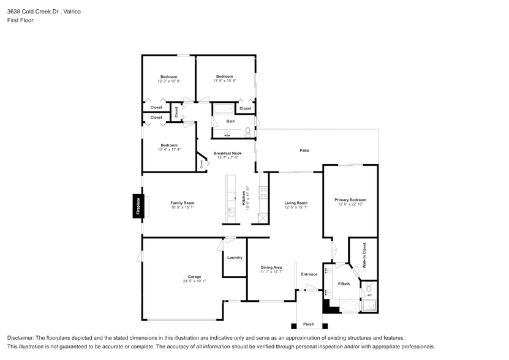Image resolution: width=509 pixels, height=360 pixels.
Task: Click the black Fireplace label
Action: pos(138,206)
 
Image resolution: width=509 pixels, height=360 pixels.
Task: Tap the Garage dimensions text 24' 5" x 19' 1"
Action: pos(194,281)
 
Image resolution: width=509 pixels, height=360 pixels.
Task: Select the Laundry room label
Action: pos(235,258)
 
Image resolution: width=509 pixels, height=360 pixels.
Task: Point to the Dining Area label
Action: pos(271,268)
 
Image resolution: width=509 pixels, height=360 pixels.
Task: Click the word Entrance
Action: pos(309,274)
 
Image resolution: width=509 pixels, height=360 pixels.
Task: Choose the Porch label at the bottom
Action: pos(309,324)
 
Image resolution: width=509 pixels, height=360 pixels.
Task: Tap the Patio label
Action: pos(304,150)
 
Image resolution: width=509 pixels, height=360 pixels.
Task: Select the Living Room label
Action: pos(296,203)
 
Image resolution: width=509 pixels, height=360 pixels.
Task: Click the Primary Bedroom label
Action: pos(350,200)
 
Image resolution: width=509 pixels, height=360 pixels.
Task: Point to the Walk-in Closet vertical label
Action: pos(364,256)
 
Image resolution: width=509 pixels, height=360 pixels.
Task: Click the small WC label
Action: pos(368,293)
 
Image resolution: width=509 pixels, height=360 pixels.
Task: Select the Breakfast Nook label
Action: pos(227,153)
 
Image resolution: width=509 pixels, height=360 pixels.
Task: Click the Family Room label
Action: pos(182,203)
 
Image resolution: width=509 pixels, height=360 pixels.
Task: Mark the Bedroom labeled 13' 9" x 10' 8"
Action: pos(225,77)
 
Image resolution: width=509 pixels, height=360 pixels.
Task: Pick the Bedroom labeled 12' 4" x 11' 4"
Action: pos(168,145)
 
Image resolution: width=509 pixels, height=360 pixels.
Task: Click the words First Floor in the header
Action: pos(21,20)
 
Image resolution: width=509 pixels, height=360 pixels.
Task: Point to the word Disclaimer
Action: pos(21,338)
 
